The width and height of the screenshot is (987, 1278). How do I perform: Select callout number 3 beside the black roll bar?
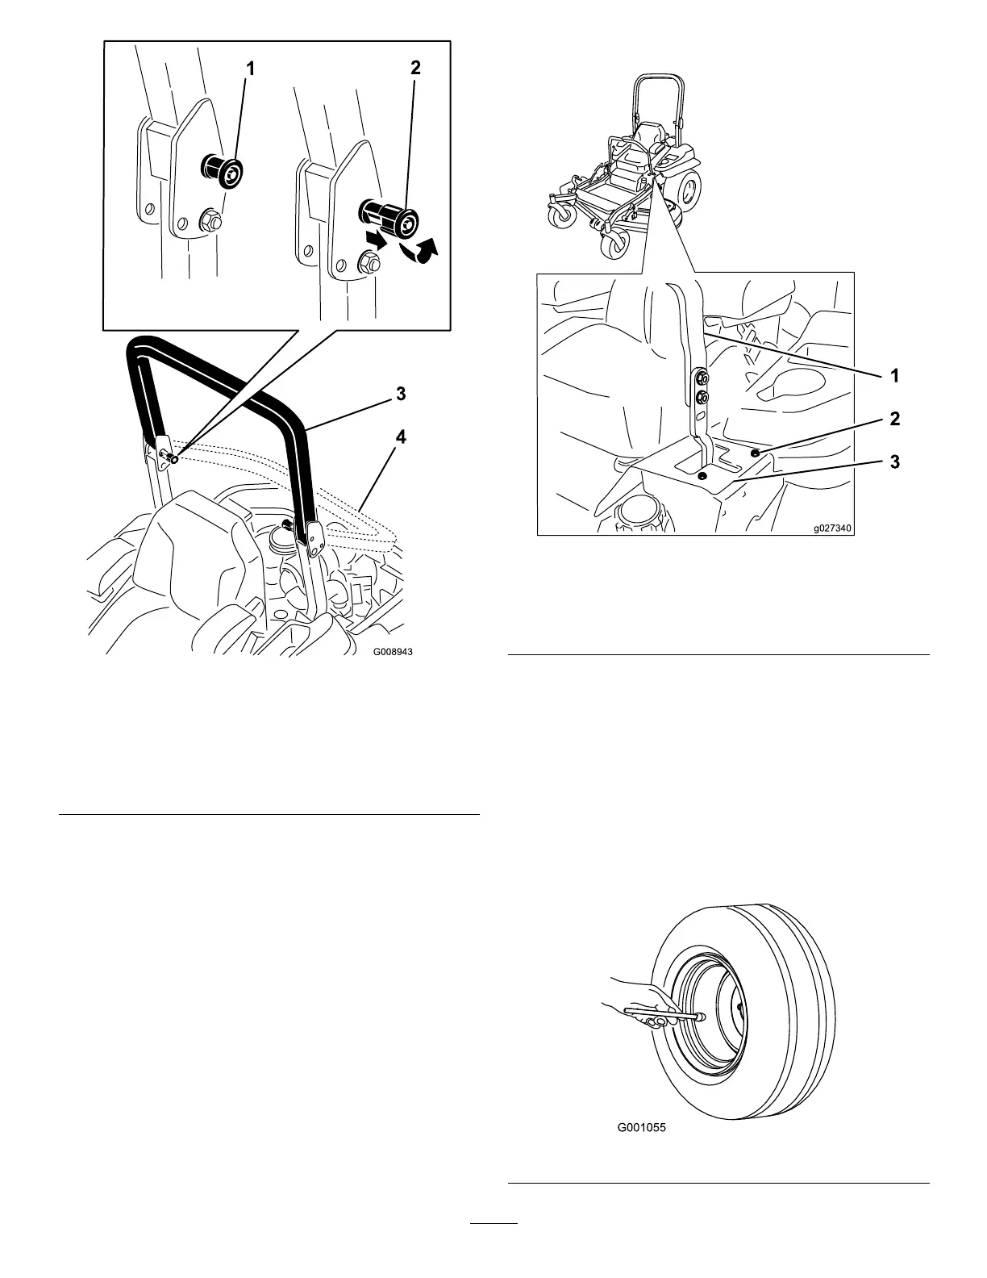click(400, 395)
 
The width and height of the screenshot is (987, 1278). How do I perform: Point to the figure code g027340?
click(831, 528)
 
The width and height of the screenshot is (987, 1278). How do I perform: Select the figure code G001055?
click(642, 1130)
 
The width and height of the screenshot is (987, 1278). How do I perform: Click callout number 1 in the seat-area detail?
click(894, 375)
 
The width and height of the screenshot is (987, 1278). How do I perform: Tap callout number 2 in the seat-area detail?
click(894, 419)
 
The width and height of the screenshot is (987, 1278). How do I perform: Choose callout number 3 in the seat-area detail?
click(894, 462)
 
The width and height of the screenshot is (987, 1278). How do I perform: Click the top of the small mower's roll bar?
click(658, 77)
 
